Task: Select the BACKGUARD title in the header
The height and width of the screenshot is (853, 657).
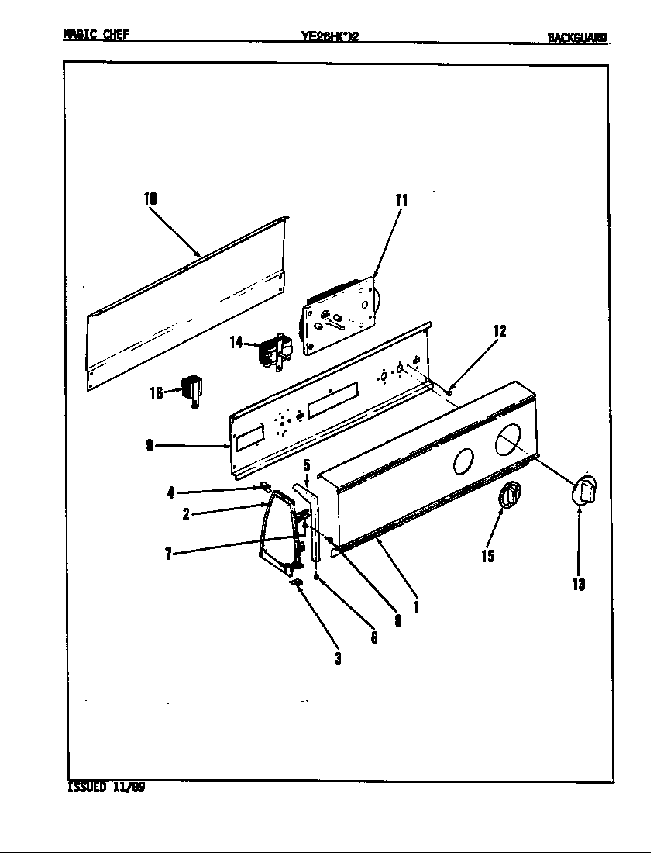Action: (577, 36)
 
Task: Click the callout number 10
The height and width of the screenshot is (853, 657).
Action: (150, 199)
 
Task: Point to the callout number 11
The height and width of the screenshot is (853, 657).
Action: (401, 200)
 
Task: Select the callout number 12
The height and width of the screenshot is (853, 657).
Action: (500, 331)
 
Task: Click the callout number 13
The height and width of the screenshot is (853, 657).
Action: (578, 584)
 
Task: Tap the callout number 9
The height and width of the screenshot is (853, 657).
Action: (149, 445)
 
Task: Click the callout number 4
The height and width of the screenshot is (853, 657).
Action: (170, 492)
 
